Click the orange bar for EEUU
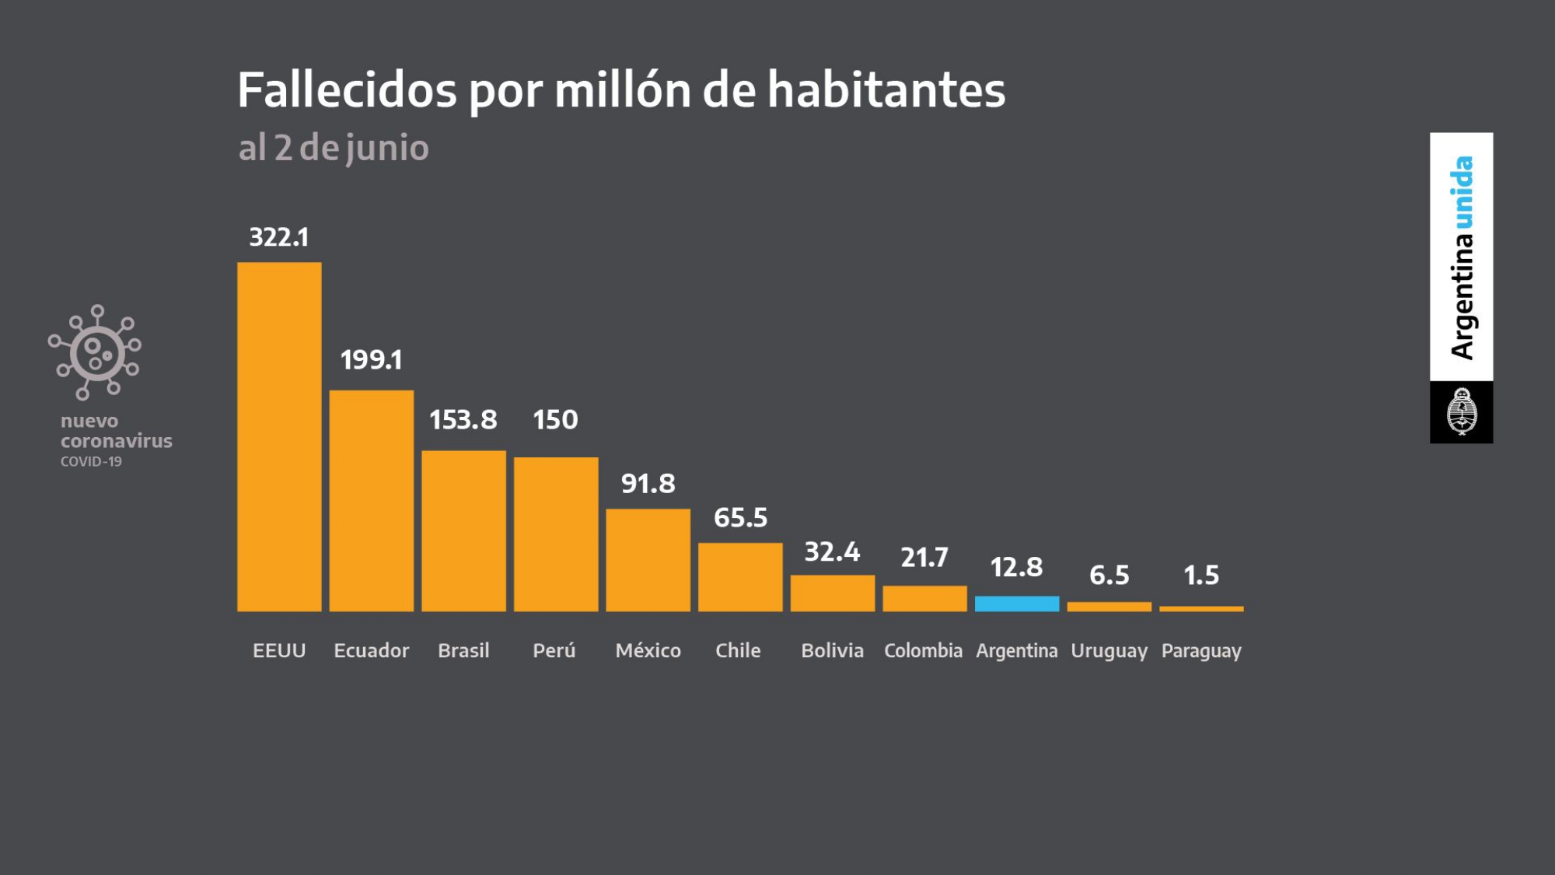pos(279,436)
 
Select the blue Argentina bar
pos(1016,604)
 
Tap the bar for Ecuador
pos(371,500)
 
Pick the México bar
pos(648,560)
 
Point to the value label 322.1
pos(278,237)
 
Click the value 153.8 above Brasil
pos(463,420)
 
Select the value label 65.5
pos(740,518)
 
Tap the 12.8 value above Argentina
pos(1016,568)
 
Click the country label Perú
pos(554,650)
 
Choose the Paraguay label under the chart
pos(1201,650)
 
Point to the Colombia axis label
pos(923,650)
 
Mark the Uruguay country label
pos(1109,650)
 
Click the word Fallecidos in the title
pos(347,90)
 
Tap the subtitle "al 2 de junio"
pos(334,148)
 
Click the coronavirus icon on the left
pos(96,352)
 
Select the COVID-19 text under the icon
pos(91,461)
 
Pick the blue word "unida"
pos(1462,193)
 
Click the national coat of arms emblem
pos(1461,412)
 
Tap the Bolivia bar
pos(832,593)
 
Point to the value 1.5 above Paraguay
pos(1201,576)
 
